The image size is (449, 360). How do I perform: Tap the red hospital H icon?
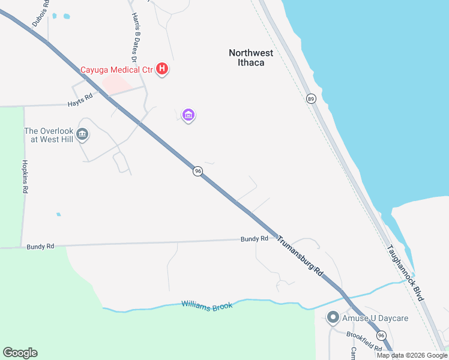tap(161, 69)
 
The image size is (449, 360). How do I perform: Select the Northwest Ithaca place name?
tap(251, 58)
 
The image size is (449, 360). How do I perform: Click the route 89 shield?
tap(310, 98)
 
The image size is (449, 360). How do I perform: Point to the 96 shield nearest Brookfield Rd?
tap(381, 335)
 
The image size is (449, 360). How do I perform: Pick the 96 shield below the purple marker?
tap(197, 171)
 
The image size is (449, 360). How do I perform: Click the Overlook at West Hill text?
tap(48, 135)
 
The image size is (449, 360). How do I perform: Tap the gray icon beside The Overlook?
tap(83, 134)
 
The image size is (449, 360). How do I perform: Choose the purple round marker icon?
tap(188, 115)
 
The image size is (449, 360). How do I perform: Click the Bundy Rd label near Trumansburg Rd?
tap(255, 239)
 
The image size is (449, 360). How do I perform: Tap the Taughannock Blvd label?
tap(406, 273)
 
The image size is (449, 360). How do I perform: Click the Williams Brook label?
tap(206, 307)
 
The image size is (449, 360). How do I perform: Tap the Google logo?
tap(20, 353)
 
